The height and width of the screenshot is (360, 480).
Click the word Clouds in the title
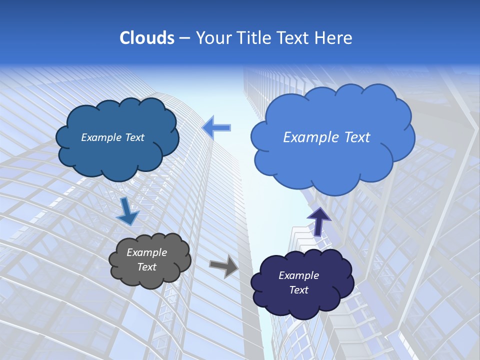[x=146, y=38]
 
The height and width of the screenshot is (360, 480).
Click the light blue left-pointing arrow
[x=216, y=128]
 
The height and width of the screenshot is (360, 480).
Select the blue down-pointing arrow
[x=127, y=212]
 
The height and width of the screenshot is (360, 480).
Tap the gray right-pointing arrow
[x=224, y=265]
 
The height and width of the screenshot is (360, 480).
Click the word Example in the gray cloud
[x=147, y=252]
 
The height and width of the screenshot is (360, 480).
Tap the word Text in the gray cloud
[x=147, y=267]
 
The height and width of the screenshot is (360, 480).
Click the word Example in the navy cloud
[x=298, y=275]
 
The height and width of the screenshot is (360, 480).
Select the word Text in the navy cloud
[x=298, y=290]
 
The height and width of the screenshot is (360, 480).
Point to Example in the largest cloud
[x=310, y=137]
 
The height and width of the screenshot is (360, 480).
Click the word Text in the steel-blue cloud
[x=134, y=137]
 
